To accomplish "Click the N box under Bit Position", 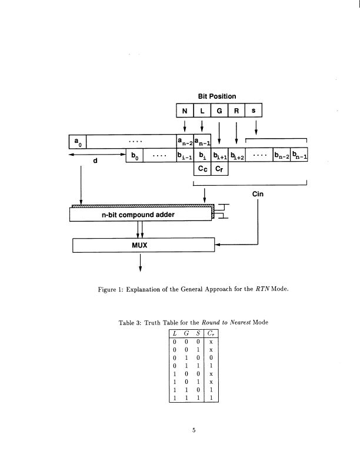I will coord(185,111).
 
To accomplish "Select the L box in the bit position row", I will coord(202,111).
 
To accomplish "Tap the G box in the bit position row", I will coord(219,111).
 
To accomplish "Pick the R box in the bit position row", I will coord(236,111).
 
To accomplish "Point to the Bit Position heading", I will coord(217,96).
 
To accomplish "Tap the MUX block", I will coord(141,244).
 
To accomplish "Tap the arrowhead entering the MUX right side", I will coord(216,243).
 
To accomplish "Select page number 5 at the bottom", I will coord(193,430).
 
